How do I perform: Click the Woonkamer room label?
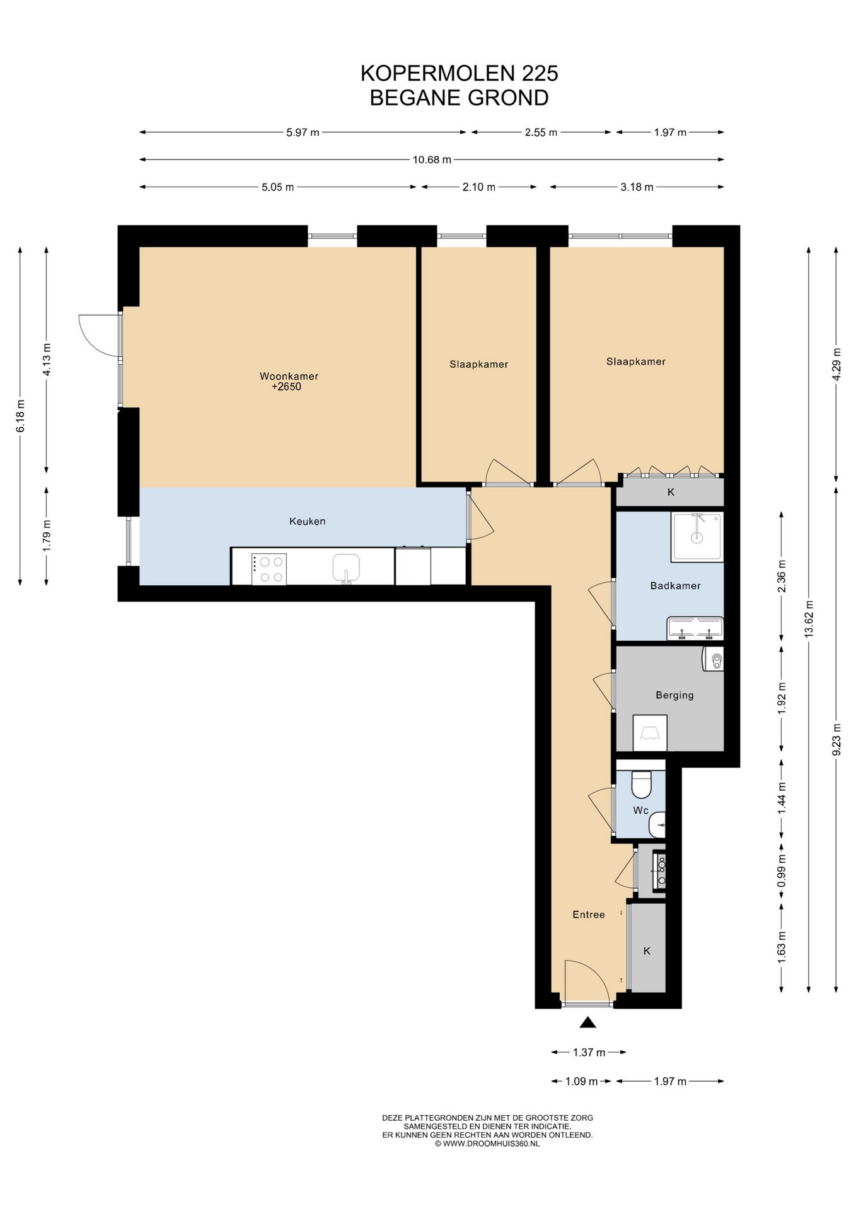pos(289,376)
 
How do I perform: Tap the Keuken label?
pos(307,521)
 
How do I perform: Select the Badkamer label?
pos(675,585)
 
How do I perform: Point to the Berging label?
pos(674,695)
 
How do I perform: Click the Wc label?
pos(640,810)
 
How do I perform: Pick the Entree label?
pos(588,915)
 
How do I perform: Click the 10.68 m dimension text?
pos(432,160)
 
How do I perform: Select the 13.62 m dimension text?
pos(809,619)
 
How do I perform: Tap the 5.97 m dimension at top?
pos(303,132)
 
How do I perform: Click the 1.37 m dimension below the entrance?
pos(589,1052)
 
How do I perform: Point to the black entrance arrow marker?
pos(587,1022)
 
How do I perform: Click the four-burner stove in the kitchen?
pos(269,569)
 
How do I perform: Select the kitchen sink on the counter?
pos(346,568)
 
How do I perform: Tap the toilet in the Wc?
pos(641,784)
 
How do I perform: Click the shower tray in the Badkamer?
pos(697,537)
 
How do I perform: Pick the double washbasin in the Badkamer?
pos(695,629)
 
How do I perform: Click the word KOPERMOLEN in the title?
pos(437,74)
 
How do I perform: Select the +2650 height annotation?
pos(286,387)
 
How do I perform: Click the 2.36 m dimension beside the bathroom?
pos(782,576)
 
